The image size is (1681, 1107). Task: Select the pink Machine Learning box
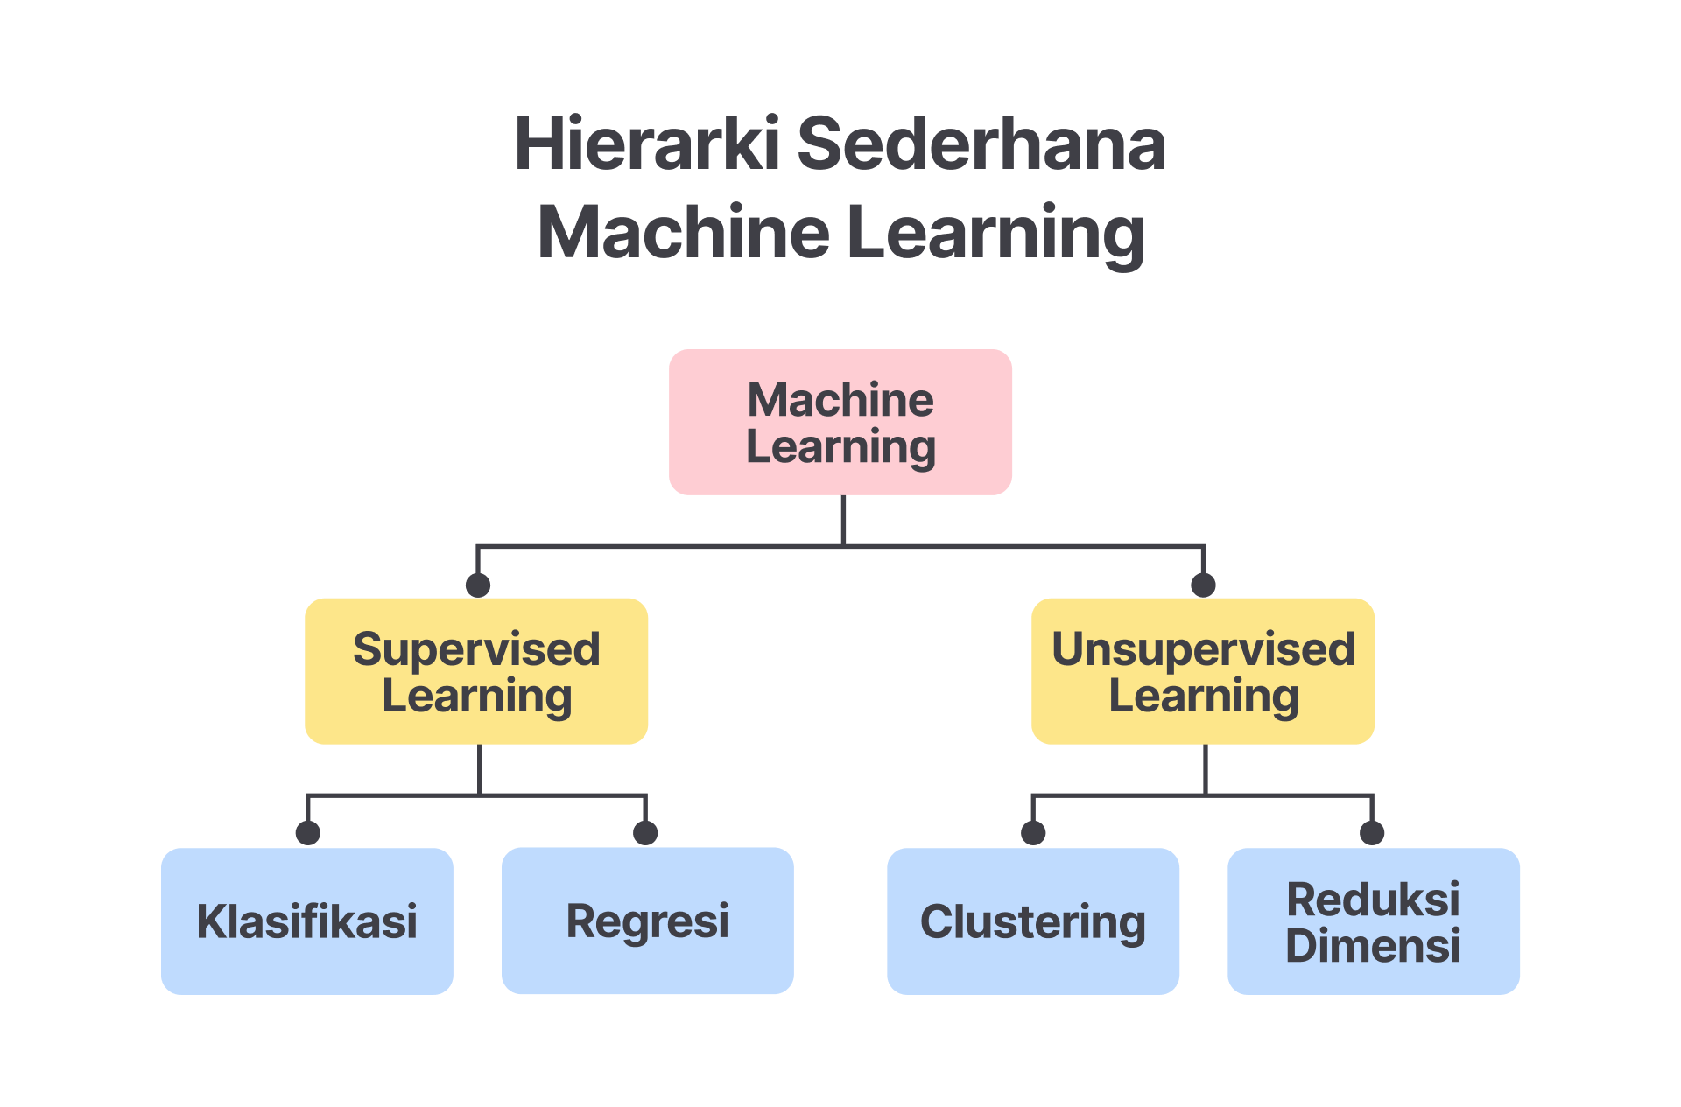840,423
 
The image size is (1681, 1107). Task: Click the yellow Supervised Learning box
476,671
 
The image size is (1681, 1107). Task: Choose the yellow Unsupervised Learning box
1203,671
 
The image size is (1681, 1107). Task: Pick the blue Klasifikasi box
307,921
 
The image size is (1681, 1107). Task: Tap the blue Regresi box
648,921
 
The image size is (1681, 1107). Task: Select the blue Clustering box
1033,921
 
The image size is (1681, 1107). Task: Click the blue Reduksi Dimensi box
1374,921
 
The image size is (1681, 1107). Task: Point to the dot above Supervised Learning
478,585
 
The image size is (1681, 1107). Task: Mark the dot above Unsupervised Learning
1204,585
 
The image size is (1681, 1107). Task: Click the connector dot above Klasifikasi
308,832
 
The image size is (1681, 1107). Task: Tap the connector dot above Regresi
645,832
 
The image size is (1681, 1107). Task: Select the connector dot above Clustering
1033,832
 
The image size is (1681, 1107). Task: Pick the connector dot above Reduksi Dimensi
1372,832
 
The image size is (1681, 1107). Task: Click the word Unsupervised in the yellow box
1203,649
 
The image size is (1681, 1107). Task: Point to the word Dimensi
1373,946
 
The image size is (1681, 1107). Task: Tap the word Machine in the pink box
840,400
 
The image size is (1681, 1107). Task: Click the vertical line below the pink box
843,520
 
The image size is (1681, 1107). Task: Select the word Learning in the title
995,233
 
